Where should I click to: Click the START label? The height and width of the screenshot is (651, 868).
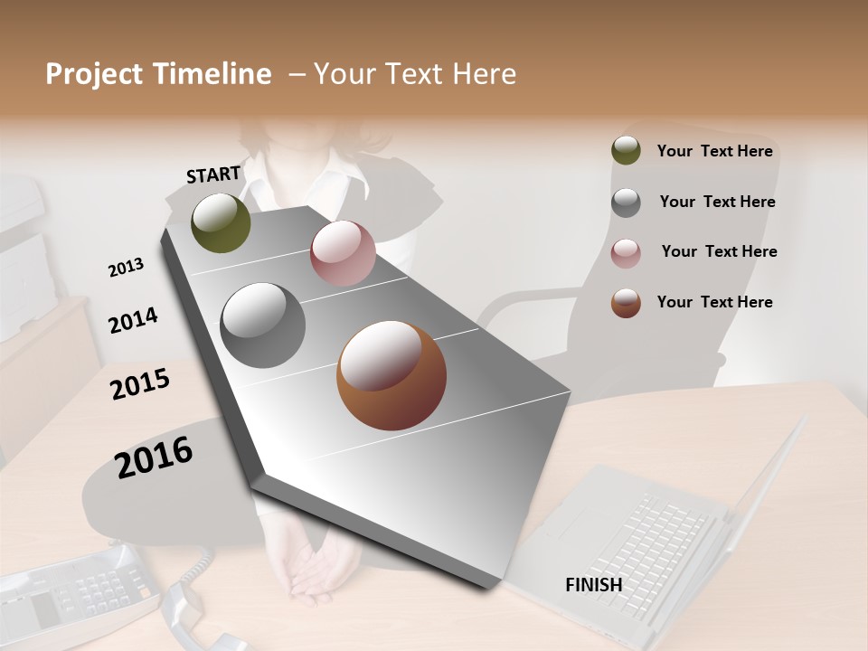coord(213,175)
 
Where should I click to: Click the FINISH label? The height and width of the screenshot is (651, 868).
coord(593,585)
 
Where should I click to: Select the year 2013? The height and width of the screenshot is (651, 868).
coord(126,267)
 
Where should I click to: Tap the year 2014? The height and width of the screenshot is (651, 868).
coord(133,320)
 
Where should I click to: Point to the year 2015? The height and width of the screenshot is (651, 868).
coord(140,384)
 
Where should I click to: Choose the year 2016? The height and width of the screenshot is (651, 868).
coord(154,457)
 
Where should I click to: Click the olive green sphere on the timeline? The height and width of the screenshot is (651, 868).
coord(221,222)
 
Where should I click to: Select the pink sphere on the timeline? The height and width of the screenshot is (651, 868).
coord(343,253)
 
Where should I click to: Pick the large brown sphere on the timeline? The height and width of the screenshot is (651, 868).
coord(391,374)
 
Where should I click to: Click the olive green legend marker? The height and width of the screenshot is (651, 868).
coord(626,151)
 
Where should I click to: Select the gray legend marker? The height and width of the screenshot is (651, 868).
coord(626,202)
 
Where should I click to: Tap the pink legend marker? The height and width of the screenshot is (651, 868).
coord(626,252)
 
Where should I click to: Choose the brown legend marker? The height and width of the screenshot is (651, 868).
coord(626,303)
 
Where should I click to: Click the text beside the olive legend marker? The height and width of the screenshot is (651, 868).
coord(714,151)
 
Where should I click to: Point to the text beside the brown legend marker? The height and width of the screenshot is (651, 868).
coord(714,302)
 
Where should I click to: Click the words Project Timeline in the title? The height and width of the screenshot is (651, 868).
coord(158,74)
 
